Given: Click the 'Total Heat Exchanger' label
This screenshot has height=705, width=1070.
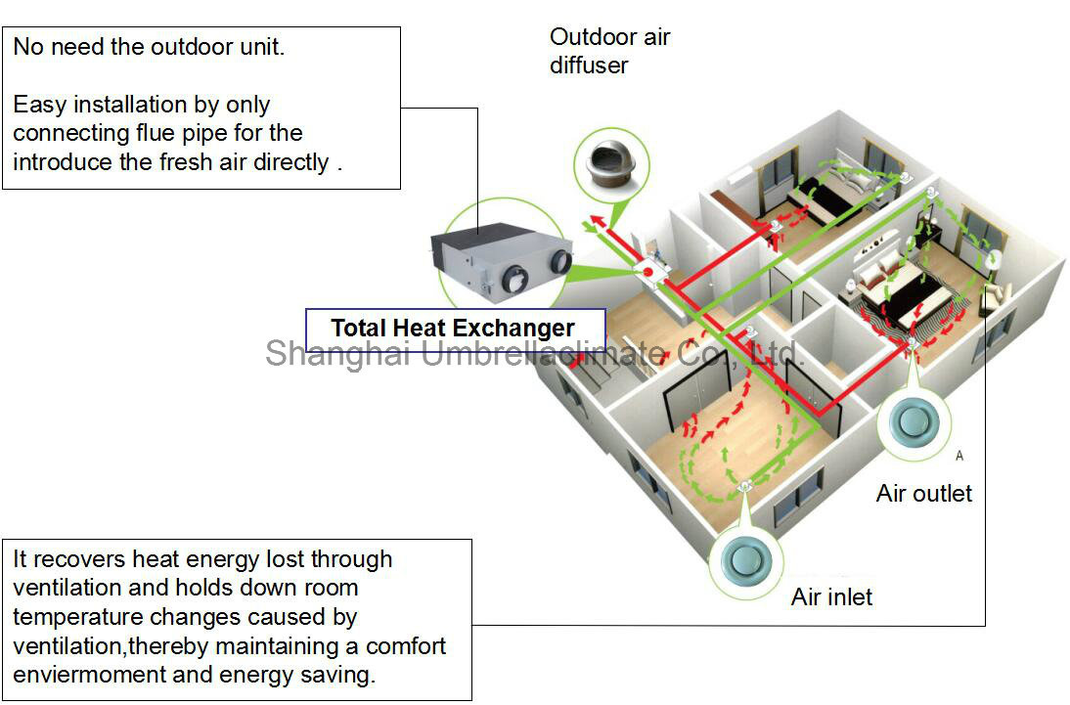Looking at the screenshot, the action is pos(453,329).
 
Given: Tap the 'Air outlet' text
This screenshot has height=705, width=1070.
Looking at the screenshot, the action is pos(924,494).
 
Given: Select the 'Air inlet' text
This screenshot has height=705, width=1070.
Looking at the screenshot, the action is pos(831,597).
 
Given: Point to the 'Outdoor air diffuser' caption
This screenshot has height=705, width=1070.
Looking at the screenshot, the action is pos(609,51).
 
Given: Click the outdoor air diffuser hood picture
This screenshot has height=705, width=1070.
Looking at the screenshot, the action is pos(611,165).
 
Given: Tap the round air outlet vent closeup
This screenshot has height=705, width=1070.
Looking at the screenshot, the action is pos(914,422).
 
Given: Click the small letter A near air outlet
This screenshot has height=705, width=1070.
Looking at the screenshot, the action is pos(959,456).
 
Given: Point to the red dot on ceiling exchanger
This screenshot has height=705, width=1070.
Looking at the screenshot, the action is pos(647,272).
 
